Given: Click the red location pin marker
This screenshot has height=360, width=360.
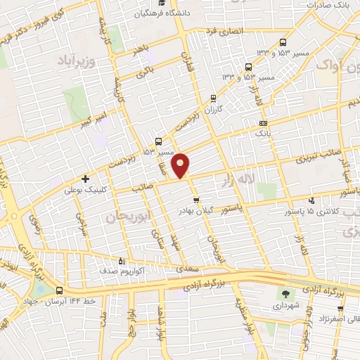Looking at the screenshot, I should [181, 165].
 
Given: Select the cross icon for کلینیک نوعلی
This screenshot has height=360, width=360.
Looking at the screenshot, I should [86, 179].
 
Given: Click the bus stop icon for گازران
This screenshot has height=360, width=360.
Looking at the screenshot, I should [214, 98].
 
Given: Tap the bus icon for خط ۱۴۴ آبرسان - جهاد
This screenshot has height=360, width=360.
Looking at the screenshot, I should [59, 290].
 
